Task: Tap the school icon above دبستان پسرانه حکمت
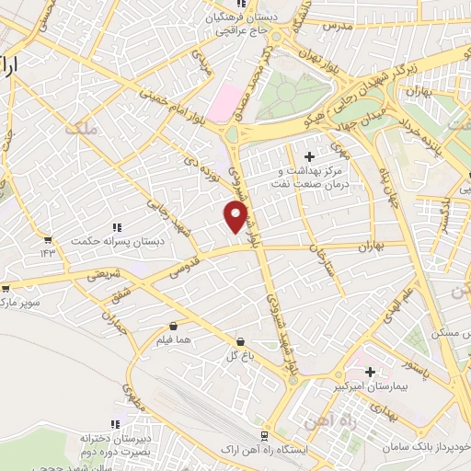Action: point(116,226)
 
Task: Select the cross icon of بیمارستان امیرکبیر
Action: point(370,372)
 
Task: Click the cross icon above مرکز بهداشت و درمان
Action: point(321,156)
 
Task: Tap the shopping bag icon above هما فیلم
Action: point(173,325)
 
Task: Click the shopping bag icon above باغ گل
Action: point(240,339)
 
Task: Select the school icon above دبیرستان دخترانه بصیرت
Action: point(115,424)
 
